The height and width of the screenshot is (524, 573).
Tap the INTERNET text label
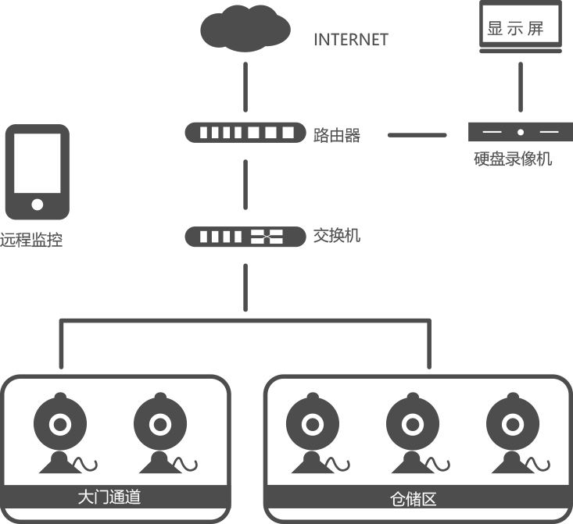pos(350,40)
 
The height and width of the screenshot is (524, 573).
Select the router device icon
pos(245,133)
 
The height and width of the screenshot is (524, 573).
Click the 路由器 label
pos(337,135)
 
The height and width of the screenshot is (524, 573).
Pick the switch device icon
pos(245,236)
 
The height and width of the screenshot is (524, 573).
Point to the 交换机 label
pos(337,235)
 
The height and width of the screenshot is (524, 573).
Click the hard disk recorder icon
pos(520,133)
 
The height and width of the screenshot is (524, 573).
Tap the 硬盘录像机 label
pos(513,159)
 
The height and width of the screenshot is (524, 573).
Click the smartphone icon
pos(37,172)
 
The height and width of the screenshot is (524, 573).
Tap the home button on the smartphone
pos(37,205)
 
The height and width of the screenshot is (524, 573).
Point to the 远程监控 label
pos(31,241)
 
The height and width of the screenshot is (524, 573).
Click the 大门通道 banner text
pos(109,497)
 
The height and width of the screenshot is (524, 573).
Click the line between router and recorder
pos(417,134)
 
